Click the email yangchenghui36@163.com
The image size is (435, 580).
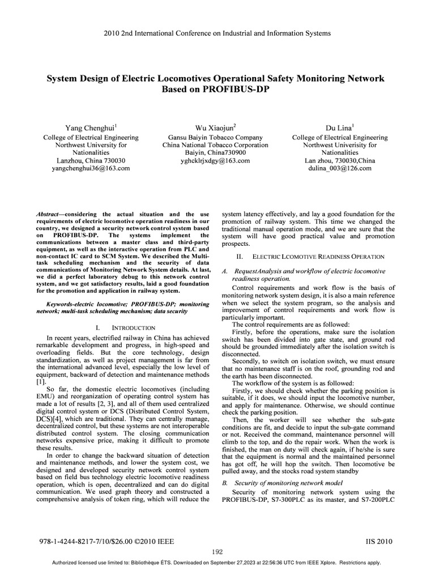pyautogui.click(x=91, y=169)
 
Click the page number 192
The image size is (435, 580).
pyautogui.click(x=217, y=552)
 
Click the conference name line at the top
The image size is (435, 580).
pyautogui.click(x=217, y=33)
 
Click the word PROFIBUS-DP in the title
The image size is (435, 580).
pyautogui.click(x=217, y=89)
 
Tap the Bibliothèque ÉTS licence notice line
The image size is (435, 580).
pyautogui.click(x=217, y=563)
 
